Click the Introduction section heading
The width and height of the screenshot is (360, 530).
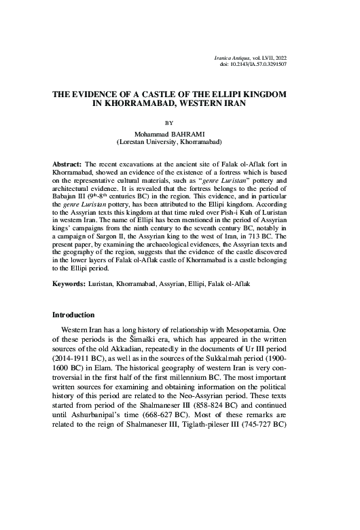click(79, 335)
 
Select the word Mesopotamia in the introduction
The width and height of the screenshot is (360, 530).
click(255, 354)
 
